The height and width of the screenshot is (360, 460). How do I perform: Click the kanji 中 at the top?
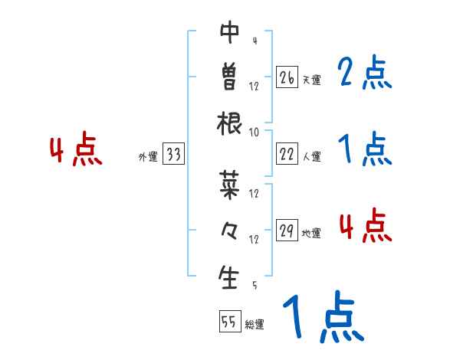(x=229, y=32)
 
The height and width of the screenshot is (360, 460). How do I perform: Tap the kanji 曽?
(x=229, y=77)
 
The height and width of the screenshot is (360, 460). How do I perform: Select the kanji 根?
(x=229, y=123)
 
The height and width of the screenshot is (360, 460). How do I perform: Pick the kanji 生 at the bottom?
(x=229, y=277)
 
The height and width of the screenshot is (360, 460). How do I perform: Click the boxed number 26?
(x=287, y=77)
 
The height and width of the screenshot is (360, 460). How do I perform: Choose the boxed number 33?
(x=173, y=155)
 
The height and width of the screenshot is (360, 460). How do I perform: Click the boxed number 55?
(x=229, y=322)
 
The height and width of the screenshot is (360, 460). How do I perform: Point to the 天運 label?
(x=311, y=80)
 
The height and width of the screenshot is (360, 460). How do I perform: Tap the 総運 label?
(x=255, y=325)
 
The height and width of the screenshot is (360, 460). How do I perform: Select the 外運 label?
(x=148, y=157)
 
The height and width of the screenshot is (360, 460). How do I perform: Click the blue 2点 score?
(x=365, y=73)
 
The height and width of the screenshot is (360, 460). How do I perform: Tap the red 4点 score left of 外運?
(x=76, y=151)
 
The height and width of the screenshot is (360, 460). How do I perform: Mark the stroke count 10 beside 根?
(x=254, y=132)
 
